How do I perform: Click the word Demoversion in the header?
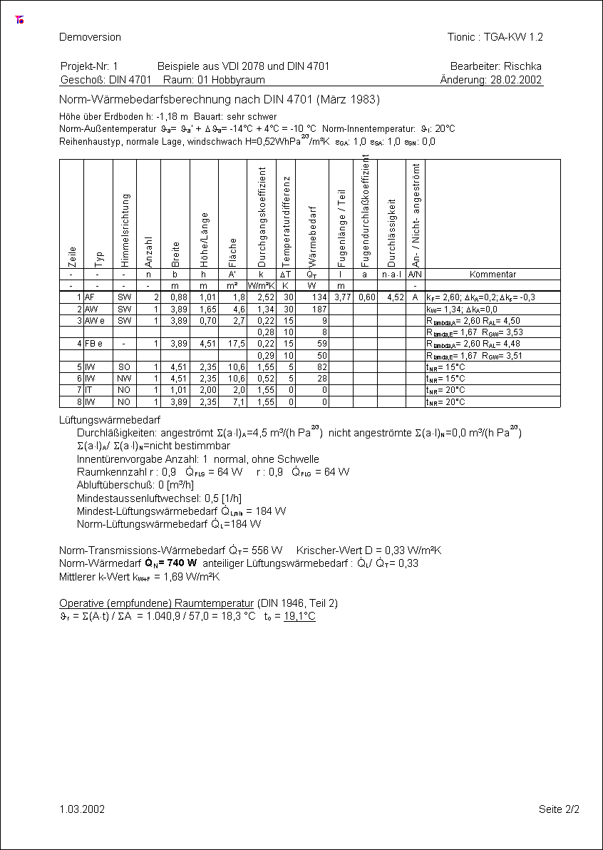[x=90, y=37]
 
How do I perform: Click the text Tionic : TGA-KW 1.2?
[x=495, y=37]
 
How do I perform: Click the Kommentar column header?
[x=493, y=275]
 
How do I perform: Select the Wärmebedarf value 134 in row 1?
[x=319, y=297]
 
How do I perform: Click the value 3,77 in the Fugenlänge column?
[x=341, y=297]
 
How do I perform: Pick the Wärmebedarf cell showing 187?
[x=319, y=309]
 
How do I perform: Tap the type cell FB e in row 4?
[x=93, y=344]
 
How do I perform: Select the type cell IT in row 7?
[x=88, y=391]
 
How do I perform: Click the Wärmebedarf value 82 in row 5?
[x=321, y=367]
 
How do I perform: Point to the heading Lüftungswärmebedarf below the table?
[x=109, y=421]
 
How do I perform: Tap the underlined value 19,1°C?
[x=299, y=616]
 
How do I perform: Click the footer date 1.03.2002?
[x=82, y=809]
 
